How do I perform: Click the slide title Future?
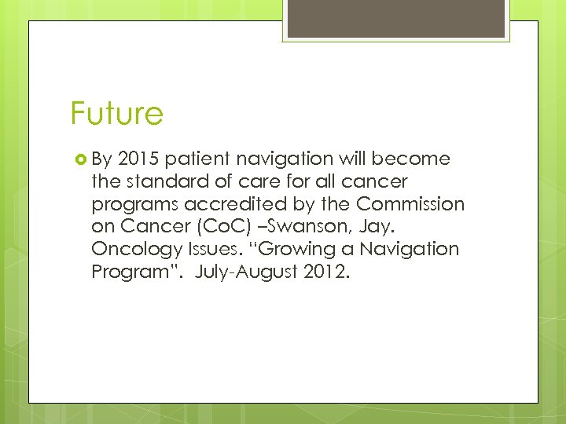[x=116, y=113]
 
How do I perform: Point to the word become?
[x=411, y=159]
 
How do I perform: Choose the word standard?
[x=159, y=182]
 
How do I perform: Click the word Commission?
[x=410, y=205]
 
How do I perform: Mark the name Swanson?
[x=289, y=228]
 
